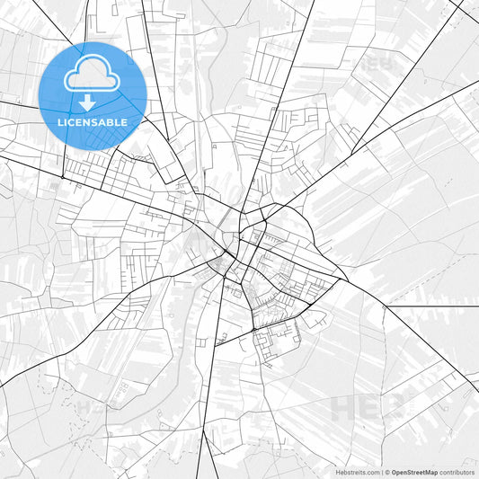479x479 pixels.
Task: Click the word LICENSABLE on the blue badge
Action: click(93, 121)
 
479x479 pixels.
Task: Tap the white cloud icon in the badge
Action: click(93, 76)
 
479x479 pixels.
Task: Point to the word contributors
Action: click(457, 472)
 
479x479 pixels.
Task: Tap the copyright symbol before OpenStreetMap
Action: click(387, 472)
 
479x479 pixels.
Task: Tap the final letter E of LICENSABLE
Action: click(125, 121)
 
